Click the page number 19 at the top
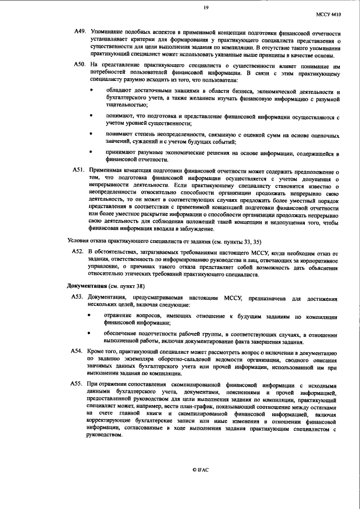pyautogui.click(x=206, y=7)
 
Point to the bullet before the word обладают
pyautogui.click(x=91, y=91)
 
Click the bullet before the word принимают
pyautogui.click(x=91, y=152)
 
